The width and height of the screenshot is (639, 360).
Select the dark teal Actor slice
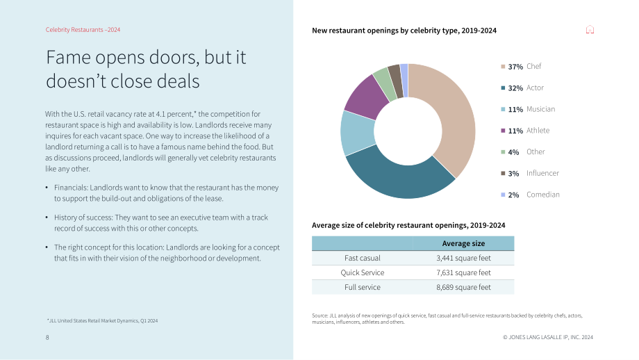(x=399, y=180)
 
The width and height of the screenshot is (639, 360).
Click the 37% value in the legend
(x=515, y=67)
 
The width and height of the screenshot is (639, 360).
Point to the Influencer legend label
(x=542, y=173)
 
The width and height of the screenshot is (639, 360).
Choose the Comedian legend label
(x=543, y=195)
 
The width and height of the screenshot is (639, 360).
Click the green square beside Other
(x=503, y=152)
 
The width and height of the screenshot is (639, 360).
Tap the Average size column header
(x=463, y=243)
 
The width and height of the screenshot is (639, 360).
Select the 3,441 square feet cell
(x=463, y=258)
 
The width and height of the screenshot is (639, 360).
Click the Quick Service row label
(x=363, y=272)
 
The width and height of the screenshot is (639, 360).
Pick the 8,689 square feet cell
(x=463, y=287)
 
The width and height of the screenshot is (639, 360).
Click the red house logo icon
(x=590, y=29)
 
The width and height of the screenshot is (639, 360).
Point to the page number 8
(x=47, y=337)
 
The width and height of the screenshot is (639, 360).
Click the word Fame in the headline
(x=69, y=58)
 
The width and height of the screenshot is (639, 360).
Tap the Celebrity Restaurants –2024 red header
(x=83, y=30)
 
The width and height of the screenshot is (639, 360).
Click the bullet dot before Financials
(x=47, y=188)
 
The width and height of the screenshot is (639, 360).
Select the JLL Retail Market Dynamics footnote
(x=102, y=320)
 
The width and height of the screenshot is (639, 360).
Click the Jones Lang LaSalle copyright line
(x=548, y=337)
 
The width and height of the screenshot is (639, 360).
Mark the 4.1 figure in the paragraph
(x=160, y=114)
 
